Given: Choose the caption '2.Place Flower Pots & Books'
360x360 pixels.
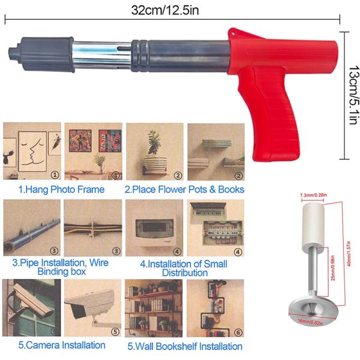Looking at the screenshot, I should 184,189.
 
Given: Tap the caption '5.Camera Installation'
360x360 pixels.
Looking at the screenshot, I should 61,345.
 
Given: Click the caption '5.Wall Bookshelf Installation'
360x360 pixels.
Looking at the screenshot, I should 184,346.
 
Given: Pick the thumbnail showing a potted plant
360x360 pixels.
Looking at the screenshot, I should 154,151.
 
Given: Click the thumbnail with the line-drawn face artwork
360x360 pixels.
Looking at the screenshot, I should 32,151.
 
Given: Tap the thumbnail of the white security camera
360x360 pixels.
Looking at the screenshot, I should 92,307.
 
